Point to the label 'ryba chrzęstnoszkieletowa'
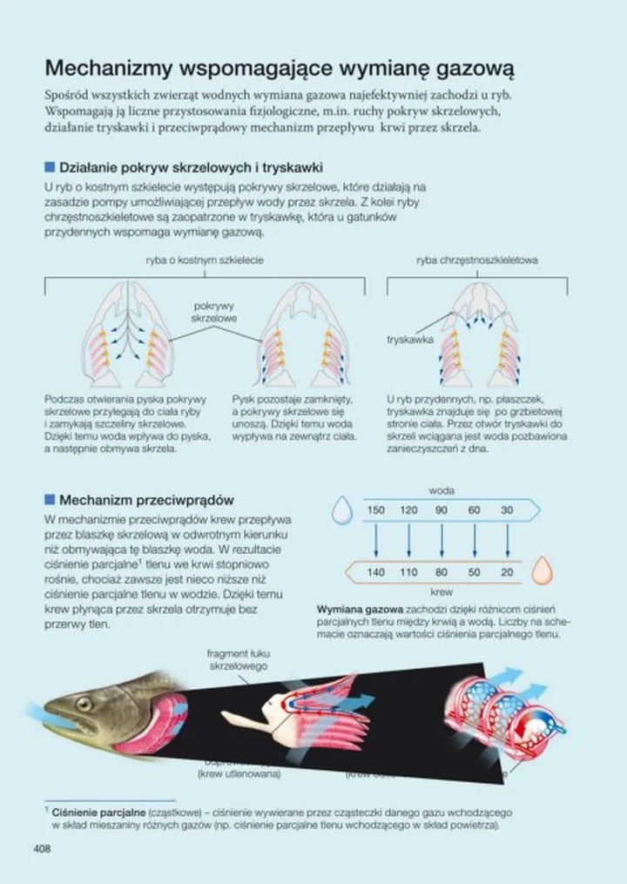(x=477, y=260)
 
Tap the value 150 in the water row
(x=375, y=510)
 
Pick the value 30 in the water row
(x=507, y=510)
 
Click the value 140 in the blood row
(x=375, y=572)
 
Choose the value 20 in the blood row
(x=507, y=572)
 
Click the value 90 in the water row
(x=442, y=510)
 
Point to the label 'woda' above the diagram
(x=442, y=490)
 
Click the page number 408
(x=43, y=849)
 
